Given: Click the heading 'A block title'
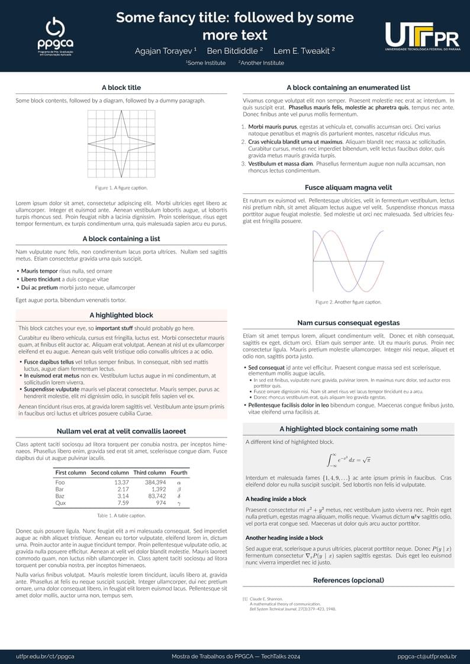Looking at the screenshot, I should [121, 88].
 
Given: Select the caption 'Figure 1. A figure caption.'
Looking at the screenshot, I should [121, 187].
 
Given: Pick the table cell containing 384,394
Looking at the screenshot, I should [155, 482].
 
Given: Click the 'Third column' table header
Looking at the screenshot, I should [149, 472].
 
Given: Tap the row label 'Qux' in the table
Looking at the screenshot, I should [59, 503].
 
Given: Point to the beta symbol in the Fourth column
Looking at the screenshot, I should [179, 490].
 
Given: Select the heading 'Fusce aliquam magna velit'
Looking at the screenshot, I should [349, 187].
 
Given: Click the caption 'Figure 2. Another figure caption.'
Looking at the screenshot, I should [349, 302].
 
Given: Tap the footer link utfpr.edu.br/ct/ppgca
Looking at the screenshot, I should [45, 656].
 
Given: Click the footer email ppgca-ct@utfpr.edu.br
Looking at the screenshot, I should [427, 656].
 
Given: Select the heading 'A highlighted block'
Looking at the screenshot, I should [121, 315].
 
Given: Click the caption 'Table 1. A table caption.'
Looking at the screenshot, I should [121, 516].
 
